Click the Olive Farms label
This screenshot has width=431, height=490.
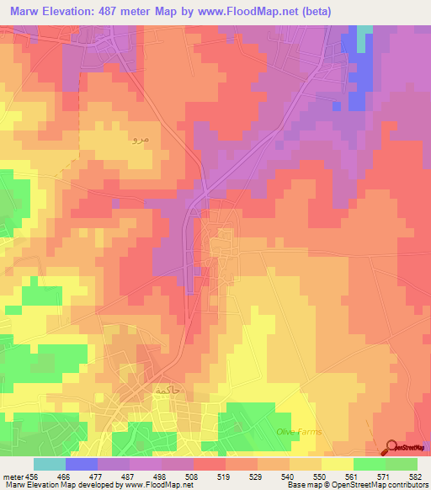click(x=299, y=432)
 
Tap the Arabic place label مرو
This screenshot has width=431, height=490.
click(x=141, y=138)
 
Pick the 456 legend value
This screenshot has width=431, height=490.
click(x=33, y=477)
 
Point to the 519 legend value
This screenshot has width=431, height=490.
click(x=225, y=477)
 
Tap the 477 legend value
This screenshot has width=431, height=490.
click(x=97, y=477)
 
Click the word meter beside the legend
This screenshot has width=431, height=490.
click(x=11, y=477)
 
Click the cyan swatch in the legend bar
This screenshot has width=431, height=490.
click(x=50, y=464)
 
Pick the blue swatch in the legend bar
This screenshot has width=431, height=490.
click(x=82, y=464)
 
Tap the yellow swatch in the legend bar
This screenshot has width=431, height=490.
click(x=337, y=464)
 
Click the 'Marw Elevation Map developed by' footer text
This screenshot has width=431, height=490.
click(x=57, y=485)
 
